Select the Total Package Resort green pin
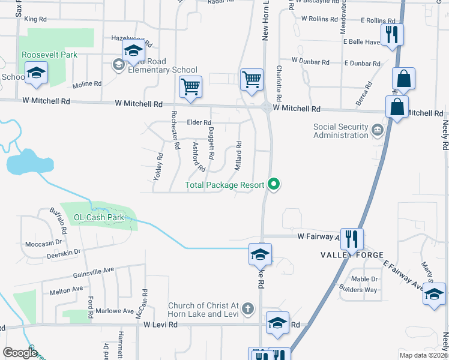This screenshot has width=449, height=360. tap(274, 184)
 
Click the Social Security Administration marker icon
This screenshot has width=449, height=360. tap(377, 130)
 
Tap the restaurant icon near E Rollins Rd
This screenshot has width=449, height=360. tap(392, 34)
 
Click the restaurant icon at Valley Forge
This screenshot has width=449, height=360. tap(351, 239)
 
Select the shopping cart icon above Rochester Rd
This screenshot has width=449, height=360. tap(191, 86)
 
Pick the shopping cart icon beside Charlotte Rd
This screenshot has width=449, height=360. tap(252, 79)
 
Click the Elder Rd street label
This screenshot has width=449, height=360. tap(200, 122)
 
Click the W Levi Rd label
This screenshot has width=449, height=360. tap(161, 325)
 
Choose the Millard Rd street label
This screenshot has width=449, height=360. tap(238, 155)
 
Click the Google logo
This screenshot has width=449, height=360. tap(20, 353)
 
